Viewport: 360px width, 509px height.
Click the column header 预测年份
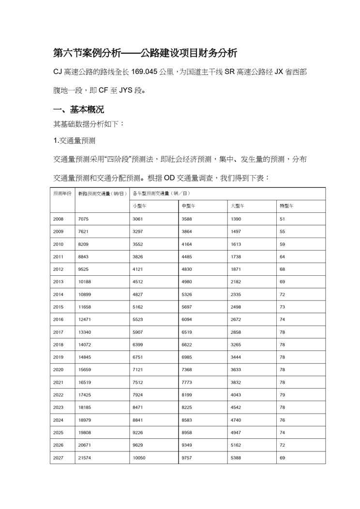click(x=62, y=194)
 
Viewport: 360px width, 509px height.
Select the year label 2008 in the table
click(x=59, y=219)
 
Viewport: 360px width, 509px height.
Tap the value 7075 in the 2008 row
click(x=83, y=219)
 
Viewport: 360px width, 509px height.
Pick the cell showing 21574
click(x=85, y=457)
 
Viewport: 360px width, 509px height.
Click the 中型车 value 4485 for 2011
click(x=187, y=256)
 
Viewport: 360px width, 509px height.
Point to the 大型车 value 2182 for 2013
click(x=236, y=282)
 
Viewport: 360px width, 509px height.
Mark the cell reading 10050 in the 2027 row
click(x=139, y=457)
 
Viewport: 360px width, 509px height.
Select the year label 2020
click(x=59, y=370)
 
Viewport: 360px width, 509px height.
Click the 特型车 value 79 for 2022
click(x=282, y=395)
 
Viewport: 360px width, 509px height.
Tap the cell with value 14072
click(x=85, y=344)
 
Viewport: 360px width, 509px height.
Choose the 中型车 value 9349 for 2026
click(x=187, y=445)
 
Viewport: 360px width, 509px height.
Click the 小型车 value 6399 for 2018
click(x=138, y=344)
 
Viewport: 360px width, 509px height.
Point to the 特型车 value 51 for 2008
click(x=282, y=219)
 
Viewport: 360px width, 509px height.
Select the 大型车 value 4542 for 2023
click(x=236, y=407)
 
